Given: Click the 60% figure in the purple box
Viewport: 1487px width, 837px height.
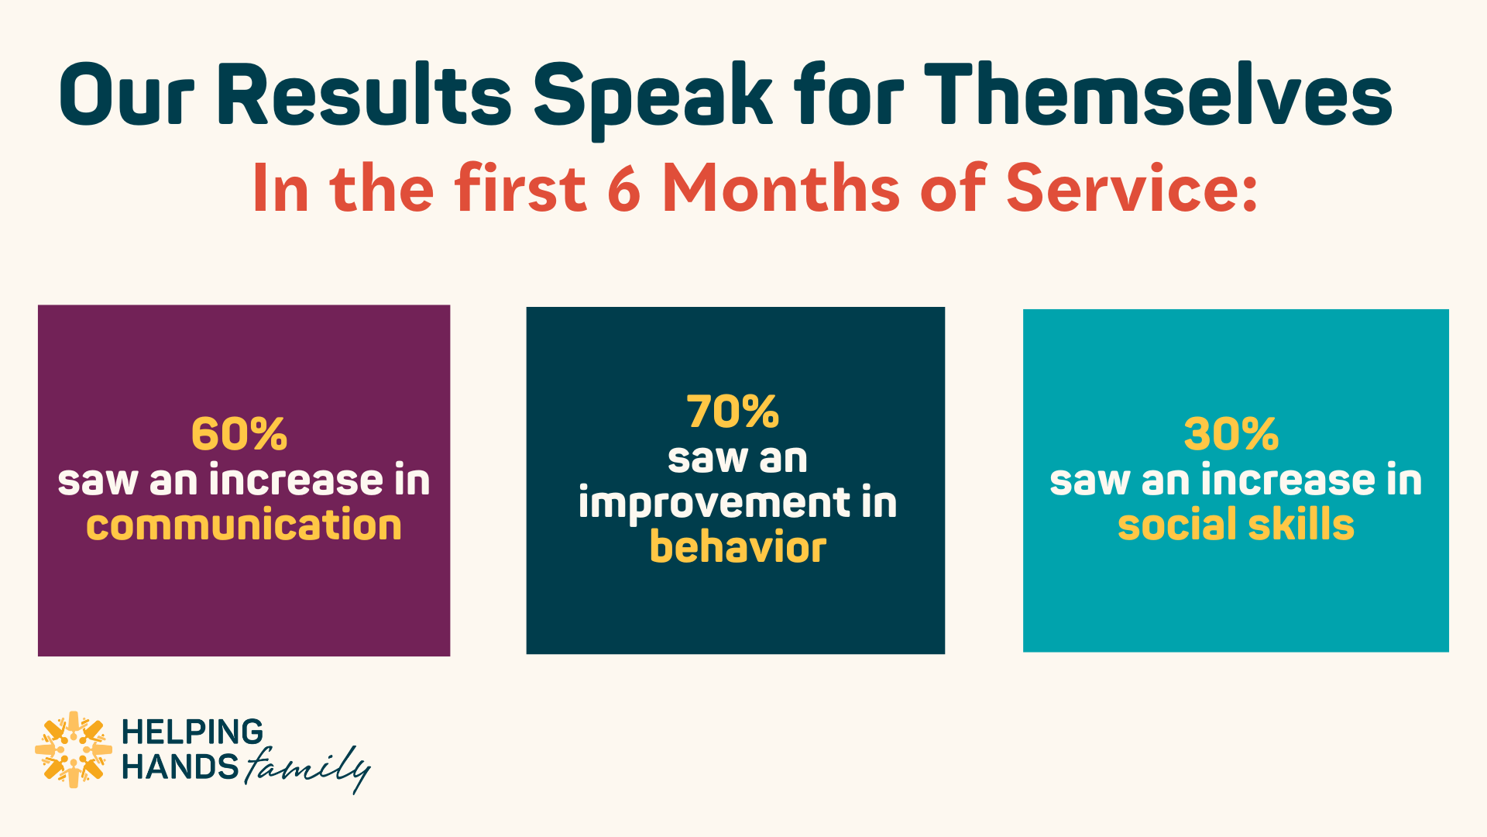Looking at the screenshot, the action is pyautogui.click(x=239, y=434).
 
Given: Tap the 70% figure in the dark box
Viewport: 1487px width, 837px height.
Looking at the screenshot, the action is pyautogui.click(x=733, y=412).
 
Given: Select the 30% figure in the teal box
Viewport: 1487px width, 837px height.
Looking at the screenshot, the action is pyautogui.click(x=1231, y=434).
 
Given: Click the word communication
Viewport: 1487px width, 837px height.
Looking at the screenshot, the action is pyautogui.click(x=244, y=525).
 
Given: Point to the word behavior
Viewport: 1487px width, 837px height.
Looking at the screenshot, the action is pyautogui.click(x=738, y=547).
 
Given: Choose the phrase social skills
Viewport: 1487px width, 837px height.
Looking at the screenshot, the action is pyautogui.click(x=1236, y=525).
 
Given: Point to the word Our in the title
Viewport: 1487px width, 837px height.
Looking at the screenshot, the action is pyautogui.click(x=127, y=95).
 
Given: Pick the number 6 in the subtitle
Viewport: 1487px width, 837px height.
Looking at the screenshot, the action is pyautogui.click(x=624, y=188).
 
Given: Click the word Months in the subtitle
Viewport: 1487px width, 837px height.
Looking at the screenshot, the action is pyautogui.click(x=781, y=188).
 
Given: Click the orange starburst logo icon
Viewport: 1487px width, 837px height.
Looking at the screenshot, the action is pyautogui.click(x=74, y=749).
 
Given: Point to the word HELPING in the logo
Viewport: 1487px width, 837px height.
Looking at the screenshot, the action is pyautogui.click(x=193, y=732).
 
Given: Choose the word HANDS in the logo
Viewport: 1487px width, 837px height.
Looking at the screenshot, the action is pyautogui.click(x=180, y=767).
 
